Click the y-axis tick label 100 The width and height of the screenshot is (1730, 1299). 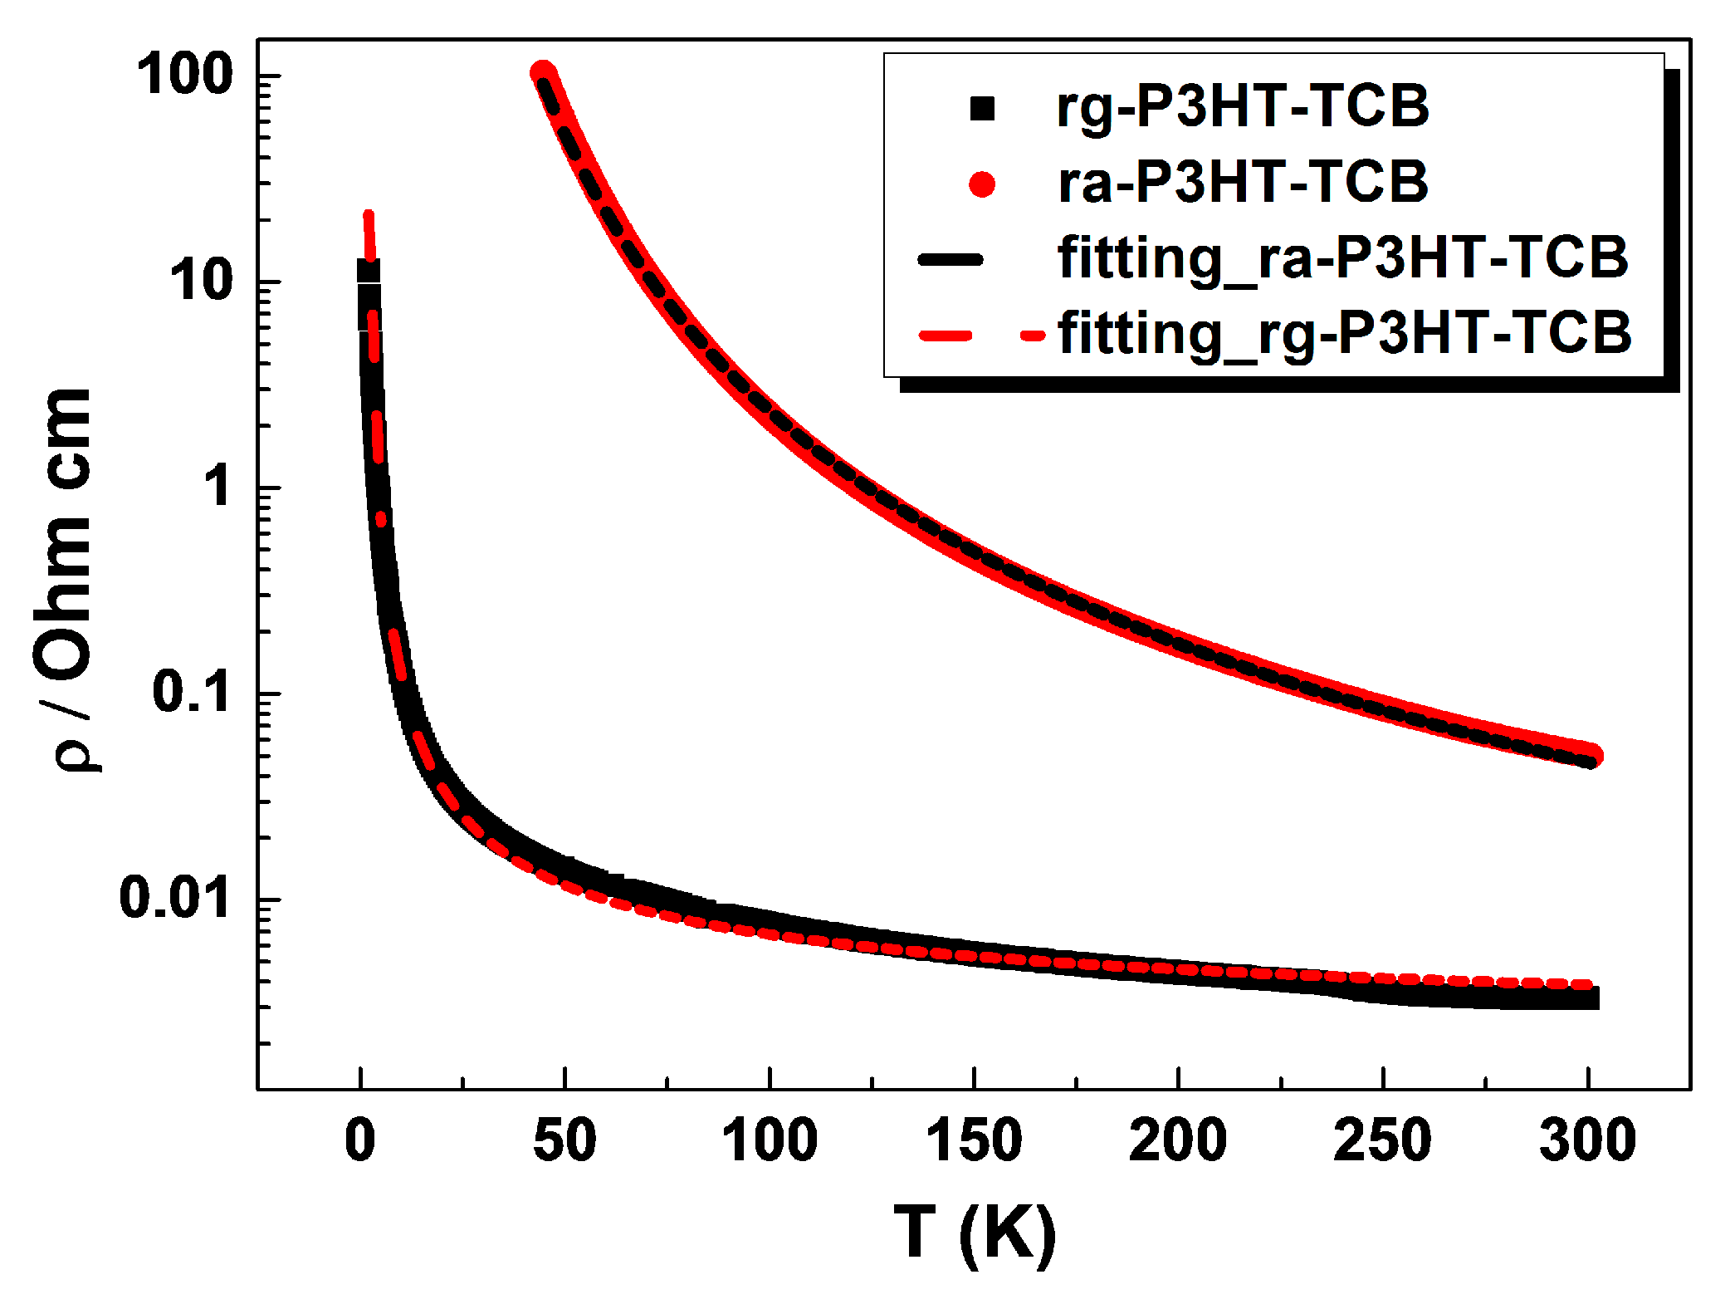coord(185,75)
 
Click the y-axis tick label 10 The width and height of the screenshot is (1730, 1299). coord(202,281)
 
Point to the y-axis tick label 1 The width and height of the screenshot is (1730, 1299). coord(217,486)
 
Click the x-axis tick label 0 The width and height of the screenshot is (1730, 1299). coord(360,1140)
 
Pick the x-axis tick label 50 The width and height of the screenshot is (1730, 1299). coord(564,1140)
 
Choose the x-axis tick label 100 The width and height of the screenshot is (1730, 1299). coord(770,1140)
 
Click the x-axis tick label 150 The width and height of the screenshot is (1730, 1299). coord(974,1140)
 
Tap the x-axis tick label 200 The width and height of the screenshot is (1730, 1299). coord(1178,1140)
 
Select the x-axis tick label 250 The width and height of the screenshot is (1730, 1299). coord(1382,1140)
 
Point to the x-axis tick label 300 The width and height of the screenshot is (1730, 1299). coord(1587,1140)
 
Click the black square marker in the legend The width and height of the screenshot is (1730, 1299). coord(982,109)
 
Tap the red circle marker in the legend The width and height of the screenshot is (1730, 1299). coord(982,184)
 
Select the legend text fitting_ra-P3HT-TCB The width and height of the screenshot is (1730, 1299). coord(1343,257)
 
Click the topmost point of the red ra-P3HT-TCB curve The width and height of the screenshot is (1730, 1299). coord(543,72)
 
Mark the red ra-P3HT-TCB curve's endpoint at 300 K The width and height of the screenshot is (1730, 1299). coord(1591,755)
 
